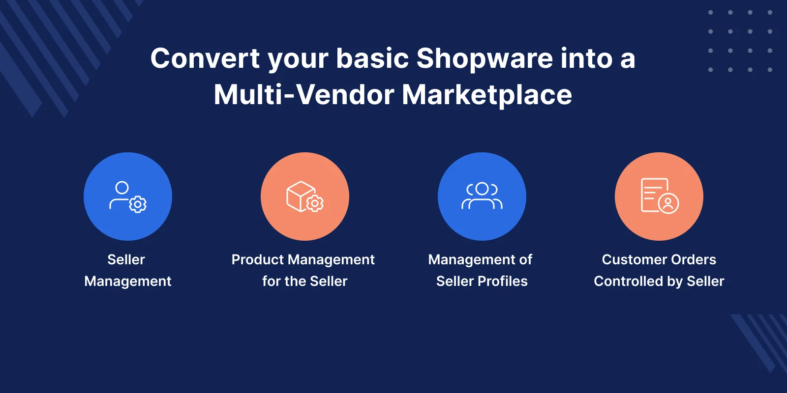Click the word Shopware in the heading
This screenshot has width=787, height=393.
tap(484, 59)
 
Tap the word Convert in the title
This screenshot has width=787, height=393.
tap(205, 58)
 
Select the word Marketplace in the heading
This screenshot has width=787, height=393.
tap(487, 94)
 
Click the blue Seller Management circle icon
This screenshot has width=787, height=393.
tap(128, 196)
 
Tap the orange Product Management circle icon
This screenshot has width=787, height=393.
tap(305, 196)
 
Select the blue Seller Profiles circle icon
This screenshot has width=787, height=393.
tap(482, 196)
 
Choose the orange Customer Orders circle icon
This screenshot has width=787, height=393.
tap(659, 196)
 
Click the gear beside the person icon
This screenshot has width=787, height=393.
tap(138, 204)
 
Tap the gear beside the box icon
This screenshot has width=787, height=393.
tap(315, 203)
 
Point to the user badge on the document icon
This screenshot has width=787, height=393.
tap(668, 203)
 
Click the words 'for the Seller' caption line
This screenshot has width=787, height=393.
tap(305, 281)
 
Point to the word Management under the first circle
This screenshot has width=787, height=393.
tap(128, 281)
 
